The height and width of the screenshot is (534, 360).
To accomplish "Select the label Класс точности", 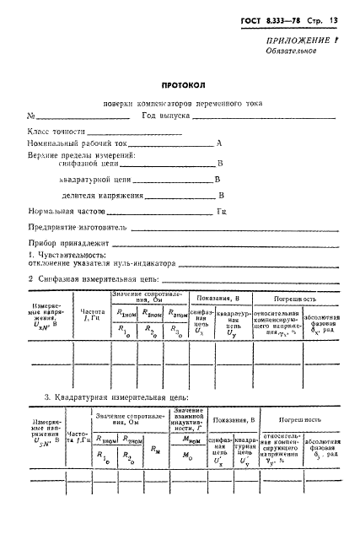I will point(56,132).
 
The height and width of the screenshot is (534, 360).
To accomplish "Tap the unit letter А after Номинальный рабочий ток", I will point(219,143).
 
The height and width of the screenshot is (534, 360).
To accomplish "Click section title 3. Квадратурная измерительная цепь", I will point(116,396).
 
